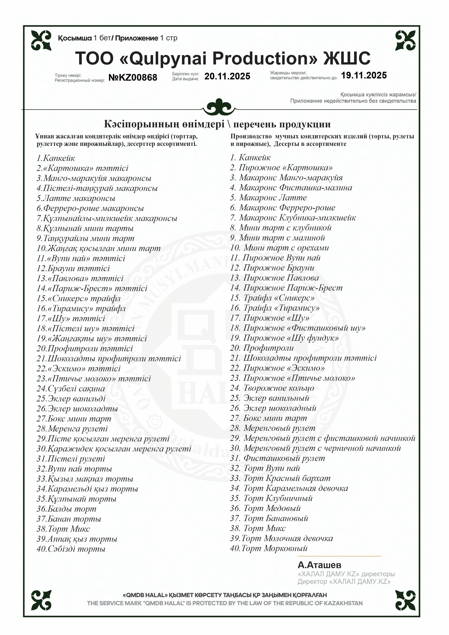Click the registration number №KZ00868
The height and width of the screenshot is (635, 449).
pyautogui.click(x=133, y=77)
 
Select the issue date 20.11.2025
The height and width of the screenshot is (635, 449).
pyautogui.click(x=227, y=76)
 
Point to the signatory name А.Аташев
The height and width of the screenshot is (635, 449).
pyautogui.click(x=319, y=565)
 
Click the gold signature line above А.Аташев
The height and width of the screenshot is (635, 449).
pyautogui.click(x=339, y=556)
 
